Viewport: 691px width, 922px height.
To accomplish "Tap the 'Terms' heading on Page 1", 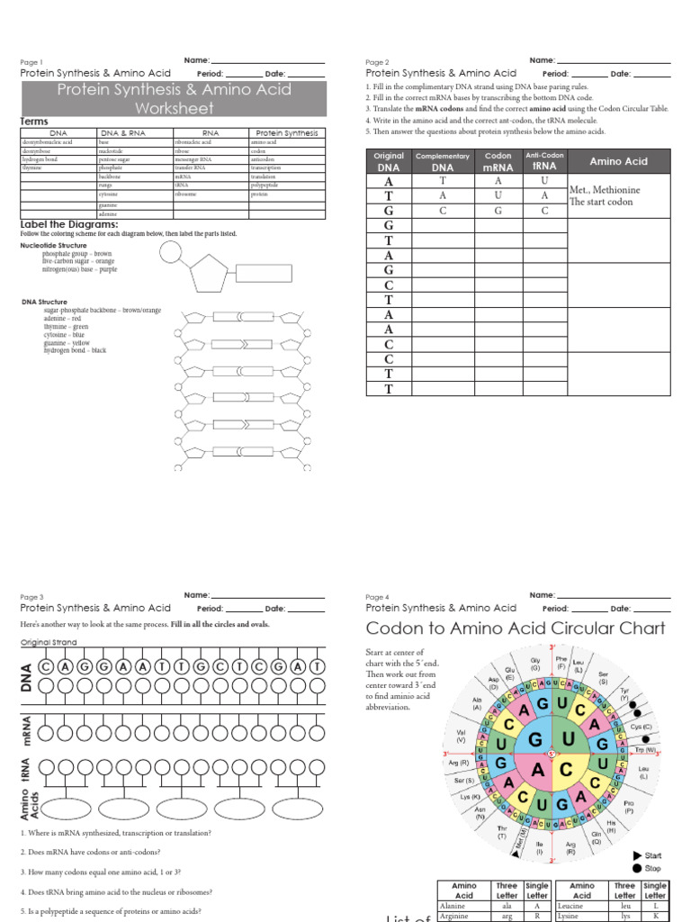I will pyautogui.click(x=34, y=122).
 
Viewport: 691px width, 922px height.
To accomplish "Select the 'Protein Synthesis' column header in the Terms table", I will pyautogui.click(x=287, y=132).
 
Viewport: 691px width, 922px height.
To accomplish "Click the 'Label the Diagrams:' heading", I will pyautogui.click(x=69, y=224).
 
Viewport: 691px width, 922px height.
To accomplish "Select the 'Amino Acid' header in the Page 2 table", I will pyautogui.click(x=618, y=161).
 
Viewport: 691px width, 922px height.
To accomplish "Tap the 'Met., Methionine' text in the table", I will pyautogui.click(x=605, y=190).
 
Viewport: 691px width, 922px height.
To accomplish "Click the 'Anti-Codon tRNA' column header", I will pyautogui.click(x=544, y=161).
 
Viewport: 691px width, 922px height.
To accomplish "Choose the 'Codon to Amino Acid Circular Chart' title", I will pyautogui.click(x=516, y=628).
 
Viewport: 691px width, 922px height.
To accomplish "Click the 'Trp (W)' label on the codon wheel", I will pyautogui.click(x=644, y=749).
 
